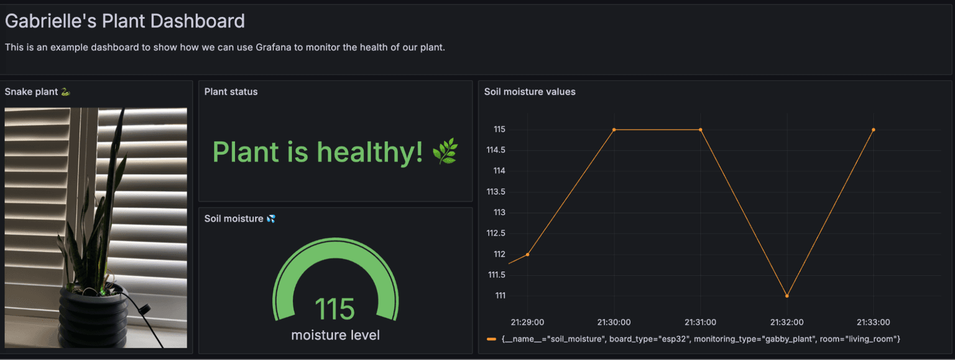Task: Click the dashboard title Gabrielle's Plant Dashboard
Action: click(124, 21)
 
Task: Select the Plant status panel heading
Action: click(231, 92)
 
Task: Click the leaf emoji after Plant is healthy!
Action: click(445, 152)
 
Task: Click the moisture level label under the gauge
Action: click(335, 335)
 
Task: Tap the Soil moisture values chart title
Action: click(530, 92)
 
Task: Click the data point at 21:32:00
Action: click(787, 296)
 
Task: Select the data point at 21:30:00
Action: click(614, 130)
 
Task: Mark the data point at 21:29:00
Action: click(527, 254)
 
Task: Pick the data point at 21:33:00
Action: click(874, 130)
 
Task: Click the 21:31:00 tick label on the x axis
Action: click(700, 322)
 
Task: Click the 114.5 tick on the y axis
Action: click(496, 150)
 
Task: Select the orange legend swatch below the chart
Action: click(491, 339)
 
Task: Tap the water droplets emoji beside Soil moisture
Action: click(270, 219)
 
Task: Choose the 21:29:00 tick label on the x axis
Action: click(527, 322)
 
